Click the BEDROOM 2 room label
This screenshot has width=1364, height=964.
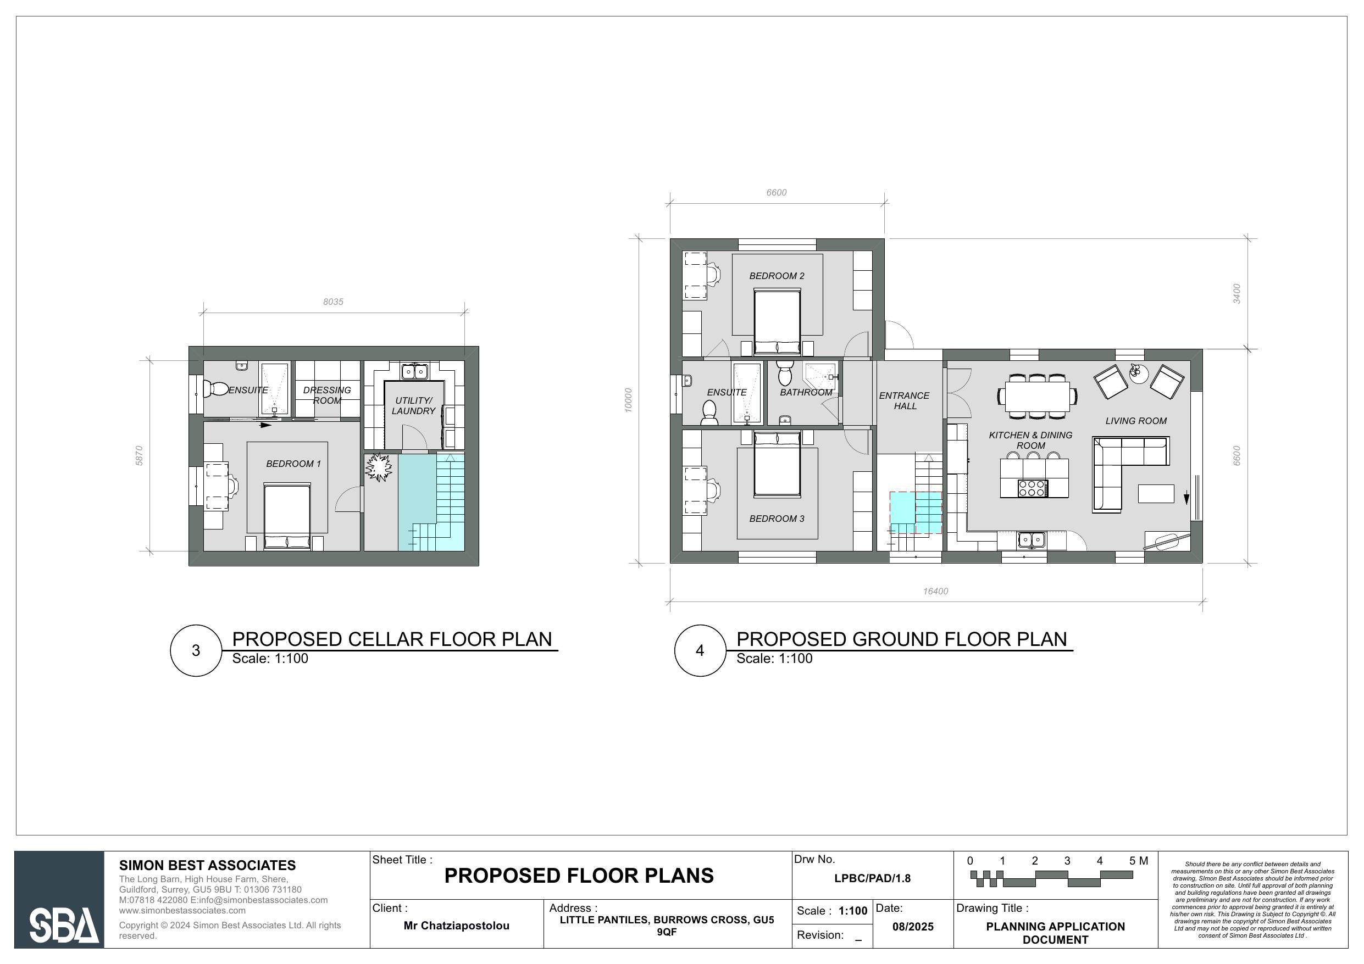click(x=777, y=276)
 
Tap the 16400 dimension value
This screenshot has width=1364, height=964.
click(x=935, y=591)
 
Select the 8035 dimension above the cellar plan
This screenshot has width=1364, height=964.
click(x=332, y=302)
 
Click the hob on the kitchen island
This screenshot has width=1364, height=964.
click(x=1033, y=488)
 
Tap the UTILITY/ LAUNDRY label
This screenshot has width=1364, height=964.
click(x=413, y=406)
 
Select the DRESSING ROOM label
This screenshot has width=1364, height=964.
click(x=327, y=395)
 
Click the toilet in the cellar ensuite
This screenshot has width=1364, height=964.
click(x=215, y=389)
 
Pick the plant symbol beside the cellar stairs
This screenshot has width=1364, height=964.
click(x=379, y=467)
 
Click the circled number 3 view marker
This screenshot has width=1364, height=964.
click(x=196, y=650)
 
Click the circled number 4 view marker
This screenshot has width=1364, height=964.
click(x=700, y=650)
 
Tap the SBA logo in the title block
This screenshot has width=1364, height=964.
click(x=63, y=925)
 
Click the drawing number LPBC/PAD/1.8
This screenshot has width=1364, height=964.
click(x=872, y=878)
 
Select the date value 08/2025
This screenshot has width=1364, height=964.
click(x=912, y=927)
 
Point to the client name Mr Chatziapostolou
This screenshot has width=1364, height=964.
click(x=456, y=926)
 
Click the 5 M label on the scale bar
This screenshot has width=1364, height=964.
click(x=1138, y=861)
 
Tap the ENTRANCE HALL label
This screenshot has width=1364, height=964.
click(x=904, y=400)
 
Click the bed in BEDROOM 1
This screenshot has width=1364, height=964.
click(x=287, y=514)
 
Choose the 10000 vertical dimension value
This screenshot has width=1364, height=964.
click(x=629, y=400)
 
